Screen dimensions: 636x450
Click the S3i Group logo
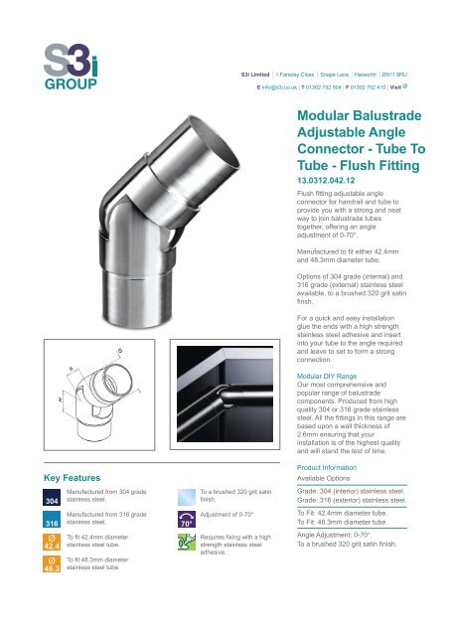(x=67, y=65)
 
